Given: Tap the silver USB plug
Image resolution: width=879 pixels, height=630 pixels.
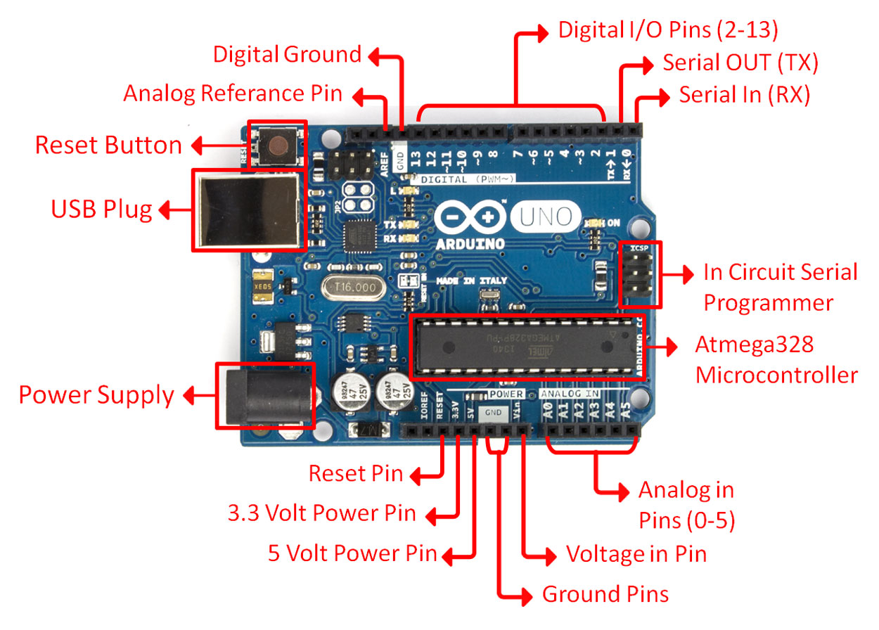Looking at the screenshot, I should pyautogui.click(x=250, y=210).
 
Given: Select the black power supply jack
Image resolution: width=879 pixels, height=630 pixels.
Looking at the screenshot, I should pyautogui.click(x=264, y=395).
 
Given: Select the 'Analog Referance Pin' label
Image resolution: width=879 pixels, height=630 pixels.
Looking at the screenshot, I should pyautogui.click(x=233, y=94).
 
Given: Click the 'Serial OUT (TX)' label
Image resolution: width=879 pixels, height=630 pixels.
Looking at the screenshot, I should pyautogui.click(x=740, y=63).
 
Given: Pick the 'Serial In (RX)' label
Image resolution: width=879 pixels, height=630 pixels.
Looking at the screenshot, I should pyautogui.click(x=745, y=94).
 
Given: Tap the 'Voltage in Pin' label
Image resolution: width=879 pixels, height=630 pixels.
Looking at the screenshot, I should pyautogui.click(x=636, y=554).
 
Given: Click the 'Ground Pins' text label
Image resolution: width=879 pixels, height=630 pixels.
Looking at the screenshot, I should pyautogui.click(x=605, y=595).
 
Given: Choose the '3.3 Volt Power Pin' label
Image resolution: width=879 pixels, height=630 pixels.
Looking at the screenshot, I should pyautogui.click(x=321, y=514).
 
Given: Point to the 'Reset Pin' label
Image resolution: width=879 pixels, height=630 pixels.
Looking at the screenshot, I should pyautogui.click(x=356, y=474).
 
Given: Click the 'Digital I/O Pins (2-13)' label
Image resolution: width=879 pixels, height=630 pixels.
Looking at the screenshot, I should pyautogui.click(x=667, y=30).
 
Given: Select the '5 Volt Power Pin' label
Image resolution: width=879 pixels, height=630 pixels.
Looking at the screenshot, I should pyautogui.click(x=352, y=554).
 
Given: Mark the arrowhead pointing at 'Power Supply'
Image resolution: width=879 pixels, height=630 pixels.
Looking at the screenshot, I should pyautogui.click(x=188, y=396).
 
